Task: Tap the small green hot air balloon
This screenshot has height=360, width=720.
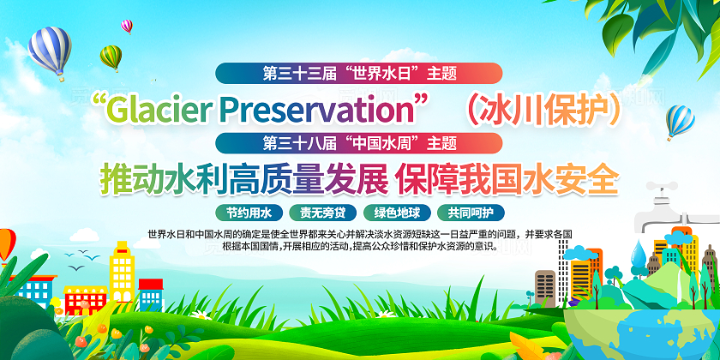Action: (111, 57)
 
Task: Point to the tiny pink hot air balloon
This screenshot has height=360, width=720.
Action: (127, 26)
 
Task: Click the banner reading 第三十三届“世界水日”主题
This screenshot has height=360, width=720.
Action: (359, 73)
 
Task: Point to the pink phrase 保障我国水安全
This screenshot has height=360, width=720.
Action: (506, 178)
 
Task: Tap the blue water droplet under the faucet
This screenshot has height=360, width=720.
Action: (639, 252)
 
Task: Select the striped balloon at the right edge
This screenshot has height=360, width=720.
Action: (680, 120)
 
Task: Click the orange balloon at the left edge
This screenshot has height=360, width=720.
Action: (5, 244)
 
